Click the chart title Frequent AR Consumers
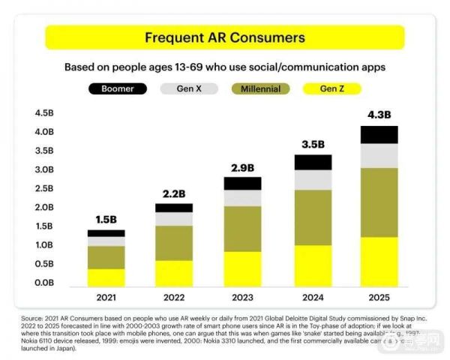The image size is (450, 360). click(224, 37)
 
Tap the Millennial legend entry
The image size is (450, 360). click(261, 88)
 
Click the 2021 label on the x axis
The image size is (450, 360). click(106, 297)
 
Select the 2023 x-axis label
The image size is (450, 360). click(242, 297)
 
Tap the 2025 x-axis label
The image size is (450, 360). click(379, 297)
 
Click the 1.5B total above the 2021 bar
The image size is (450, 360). click(106, 219)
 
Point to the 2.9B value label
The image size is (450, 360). click(242, 167)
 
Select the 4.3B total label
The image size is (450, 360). click(379, 115)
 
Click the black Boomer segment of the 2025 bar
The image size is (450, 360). click(379, 134)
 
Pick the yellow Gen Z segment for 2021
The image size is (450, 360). click(106, 277)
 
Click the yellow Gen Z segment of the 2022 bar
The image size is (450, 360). click(174, 273)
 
